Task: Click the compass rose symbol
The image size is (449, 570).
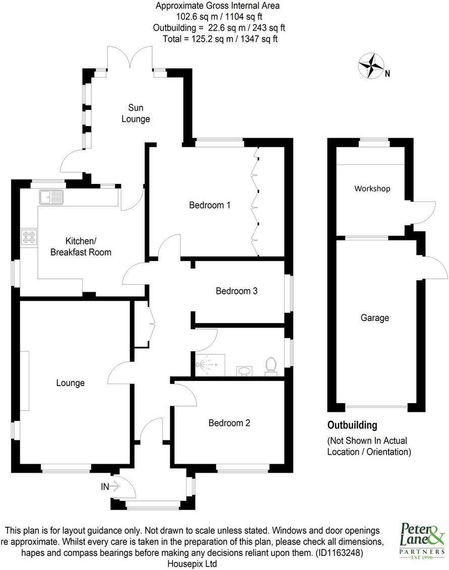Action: (x=371, y=66)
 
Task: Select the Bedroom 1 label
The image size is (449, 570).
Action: (x=210, y=205)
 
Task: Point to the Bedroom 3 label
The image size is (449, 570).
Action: (x=237, y=291)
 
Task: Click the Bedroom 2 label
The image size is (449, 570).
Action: (x=229, y=423)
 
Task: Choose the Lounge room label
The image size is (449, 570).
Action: (x=70, y=383)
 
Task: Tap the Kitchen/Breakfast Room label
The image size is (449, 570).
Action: (x=81, y=246)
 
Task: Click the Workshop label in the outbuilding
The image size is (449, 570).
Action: (x=372, y=188)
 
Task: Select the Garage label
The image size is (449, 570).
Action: (x=374, y=318)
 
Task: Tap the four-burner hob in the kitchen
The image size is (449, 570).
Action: (x=28, y=236)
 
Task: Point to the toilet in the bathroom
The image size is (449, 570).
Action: (x=271, y=365)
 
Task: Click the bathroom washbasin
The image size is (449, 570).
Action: (x=244, y=371)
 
